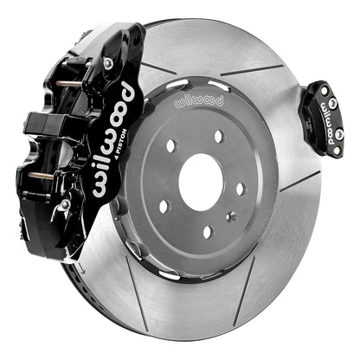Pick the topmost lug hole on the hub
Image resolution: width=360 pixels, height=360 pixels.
point(218,137)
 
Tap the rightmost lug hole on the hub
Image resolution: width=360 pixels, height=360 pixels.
point(241,188)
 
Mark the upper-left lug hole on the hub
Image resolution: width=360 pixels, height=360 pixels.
point(172,145)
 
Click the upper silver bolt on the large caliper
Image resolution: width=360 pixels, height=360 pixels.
point(108,63)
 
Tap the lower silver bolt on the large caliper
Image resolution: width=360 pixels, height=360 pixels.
point(66,204)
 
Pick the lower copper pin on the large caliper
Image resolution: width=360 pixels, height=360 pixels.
point(39,177)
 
